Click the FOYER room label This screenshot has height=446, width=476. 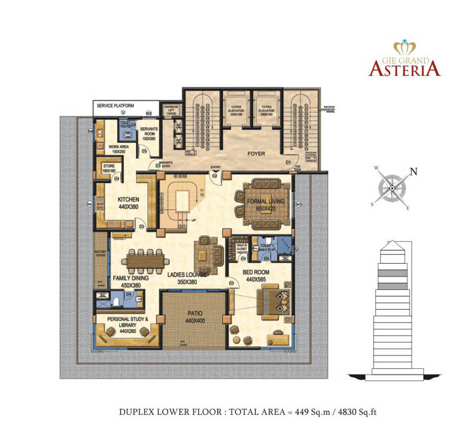point(257,154)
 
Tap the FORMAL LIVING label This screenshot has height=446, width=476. point(265,199)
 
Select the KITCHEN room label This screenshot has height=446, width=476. point(128,199)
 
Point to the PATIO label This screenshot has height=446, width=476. point(194,313)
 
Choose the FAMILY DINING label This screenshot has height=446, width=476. point(131,278)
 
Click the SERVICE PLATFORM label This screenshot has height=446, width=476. point(115,105)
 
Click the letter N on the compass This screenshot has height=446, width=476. point(413,171)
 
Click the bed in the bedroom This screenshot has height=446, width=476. point(273,302)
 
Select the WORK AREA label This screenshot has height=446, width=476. point(119,147)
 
